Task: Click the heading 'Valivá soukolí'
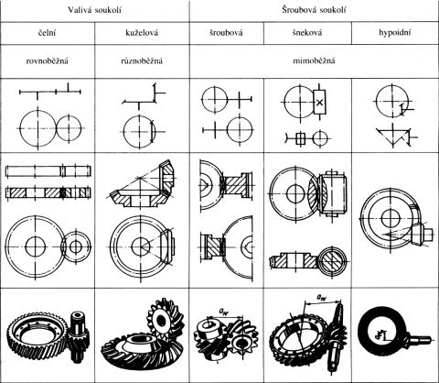[x=94, y=10]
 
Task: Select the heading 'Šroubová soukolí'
[x=314, y=10]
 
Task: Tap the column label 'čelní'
[x=47, y=33]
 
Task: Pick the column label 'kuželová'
[x=142, y=33]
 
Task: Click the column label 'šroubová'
[x=226, y=33]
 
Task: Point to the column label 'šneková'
[x=307, y=33]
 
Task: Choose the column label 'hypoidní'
[x=395, y=33]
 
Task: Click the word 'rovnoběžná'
[x=47, y=60]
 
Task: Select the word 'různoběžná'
[x=142, y=60]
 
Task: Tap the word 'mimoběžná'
[x=314, y=60]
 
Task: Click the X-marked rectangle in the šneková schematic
[x=319, y=103]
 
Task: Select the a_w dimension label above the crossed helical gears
[x=223, y=312]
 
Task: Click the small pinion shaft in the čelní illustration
[x=78, y=335]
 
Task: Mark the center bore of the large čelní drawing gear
[x=36, y=246]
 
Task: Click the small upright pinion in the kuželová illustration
[x=162, y=321]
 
